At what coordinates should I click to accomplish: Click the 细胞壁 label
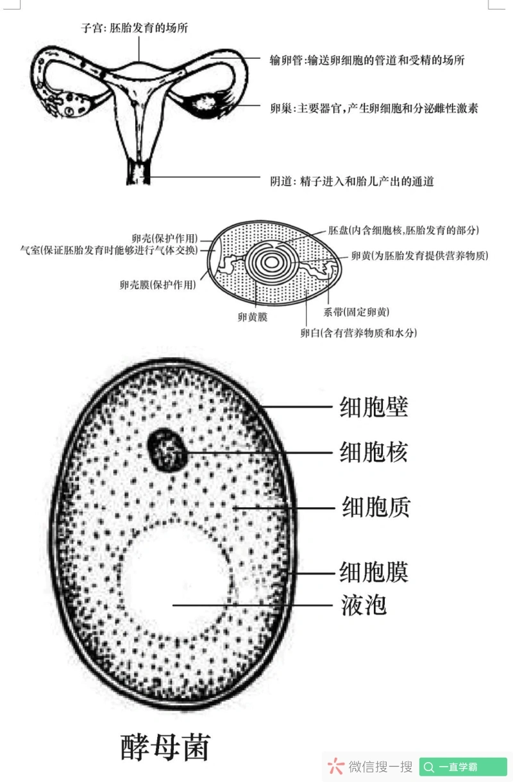(x=373, y=407)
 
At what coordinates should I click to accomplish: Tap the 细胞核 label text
(x=373, y=453)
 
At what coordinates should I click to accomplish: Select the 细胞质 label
(x=376, y=507)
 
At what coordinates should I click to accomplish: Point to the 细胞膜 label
(x=373, y=571)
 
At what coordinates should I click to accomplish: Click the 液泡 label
(x=364, y=605)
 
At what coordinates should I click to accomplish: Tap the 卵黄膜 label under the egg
(x=252, y=316)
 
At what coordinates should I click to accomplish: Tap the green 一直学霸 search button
(x=463, y=767)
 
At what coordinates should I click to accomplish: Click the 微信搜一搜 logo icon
(x=335, y=766)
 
